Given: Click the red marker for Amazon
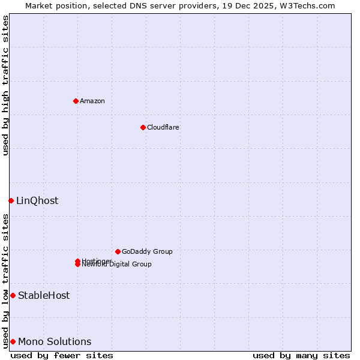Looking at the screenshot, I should point(76,101).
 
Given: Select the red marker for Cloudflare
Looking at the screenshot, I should point(143,127).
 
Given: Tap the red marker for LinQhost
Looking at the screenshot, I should point(11,200).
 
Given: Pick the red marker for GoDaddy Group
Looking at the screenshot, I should point(118,251).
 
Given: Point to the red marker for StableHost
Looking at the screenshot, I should point(13,295).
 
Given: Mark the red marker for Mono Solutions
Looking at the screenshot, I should point(13,341).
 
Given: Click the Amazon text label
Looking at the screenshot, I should point(92,101).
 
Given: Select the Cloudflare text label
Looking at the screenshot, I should point(163,127).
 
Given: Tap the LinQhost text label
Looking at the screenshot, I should point(37,200).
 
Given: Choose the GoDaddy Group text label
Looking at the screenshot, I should point(147,251).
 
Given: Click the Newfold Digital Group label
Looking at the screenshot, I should point(117,265).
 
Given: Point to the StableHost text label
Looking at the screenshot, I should point(44,295).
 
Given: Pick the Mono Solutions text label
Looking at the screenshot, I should point(55,341).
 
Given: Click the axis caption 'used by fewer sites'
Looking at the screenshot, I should point(62,355).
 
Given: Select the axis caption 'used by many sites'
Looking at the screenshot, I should point(301,355).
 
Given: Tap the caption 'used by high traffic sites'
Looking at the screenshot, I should point(5,85).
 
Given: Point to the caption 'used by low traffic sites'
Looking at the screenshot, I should point(5,280).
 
